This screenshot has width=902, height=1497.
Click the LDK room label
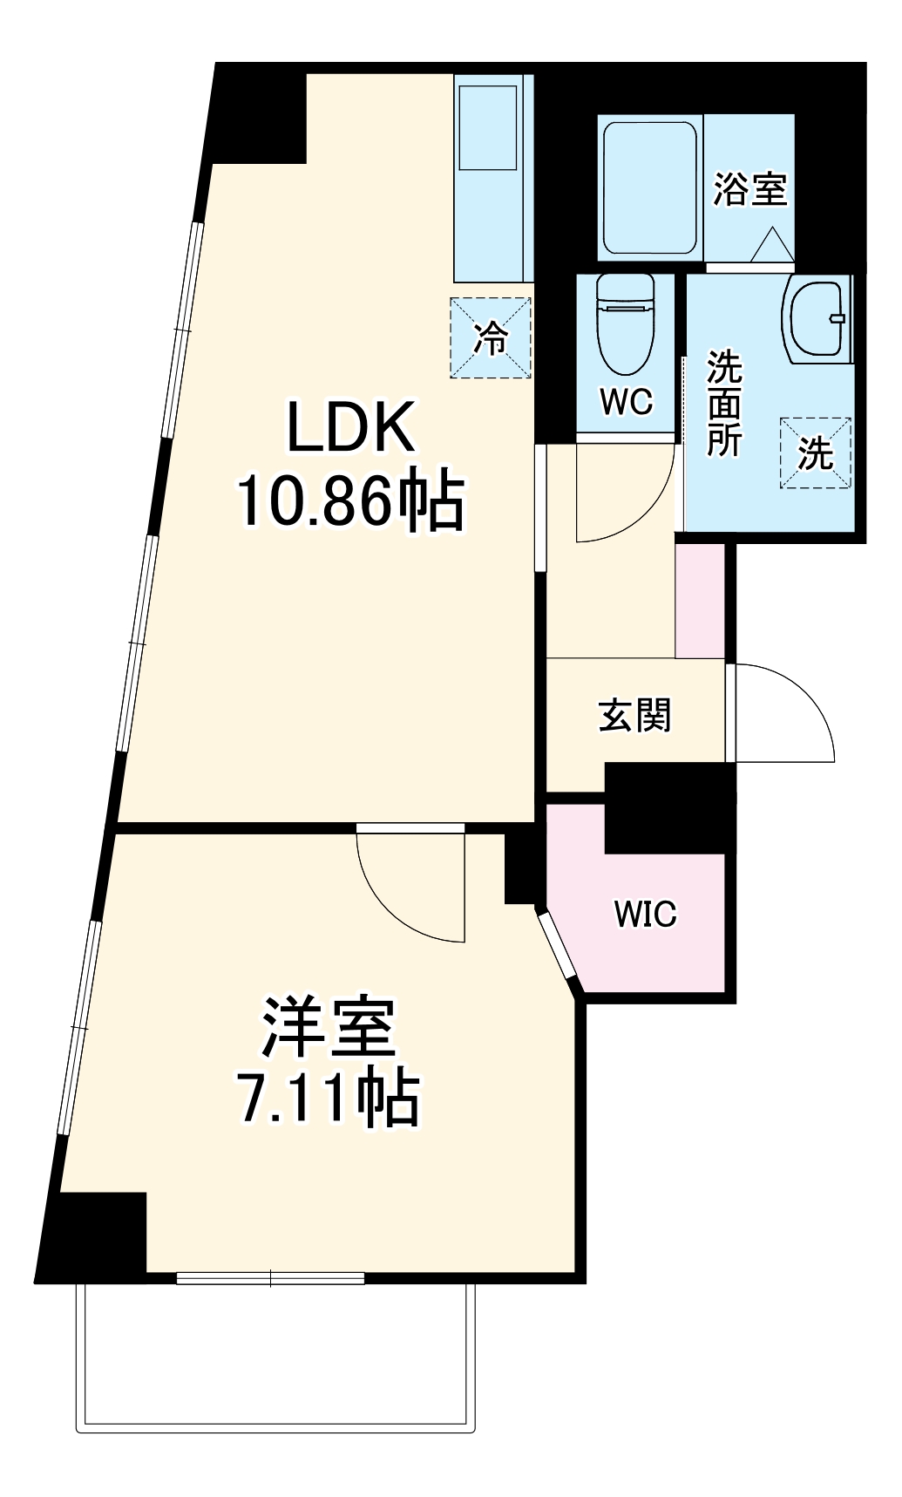click(350, 428)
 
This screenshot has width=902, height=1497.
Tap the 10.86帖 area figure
click(350, 501)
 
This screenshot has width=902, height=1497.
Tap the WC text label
click(626, 402)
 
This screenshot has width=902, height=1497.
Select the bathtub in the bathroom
click(650, 187)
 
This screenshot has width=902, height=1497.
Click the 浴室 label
click(749, 189)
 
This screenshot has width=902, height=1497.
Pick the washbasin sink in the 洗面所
click(817, 317)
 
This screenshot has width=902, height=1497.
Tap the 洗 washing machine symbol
click(815, 453)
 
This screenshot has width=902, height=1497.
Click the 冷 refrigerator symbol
click(491, 337)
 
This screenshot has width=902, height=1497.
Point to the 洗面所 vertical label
click(723, 403)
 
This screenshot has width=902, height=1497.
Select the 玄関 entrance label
click(634, 716)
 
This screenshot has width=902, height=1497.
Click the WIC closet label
click(645, 914)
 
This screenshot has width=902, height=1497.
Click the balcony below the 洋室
click(276, 1356)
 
